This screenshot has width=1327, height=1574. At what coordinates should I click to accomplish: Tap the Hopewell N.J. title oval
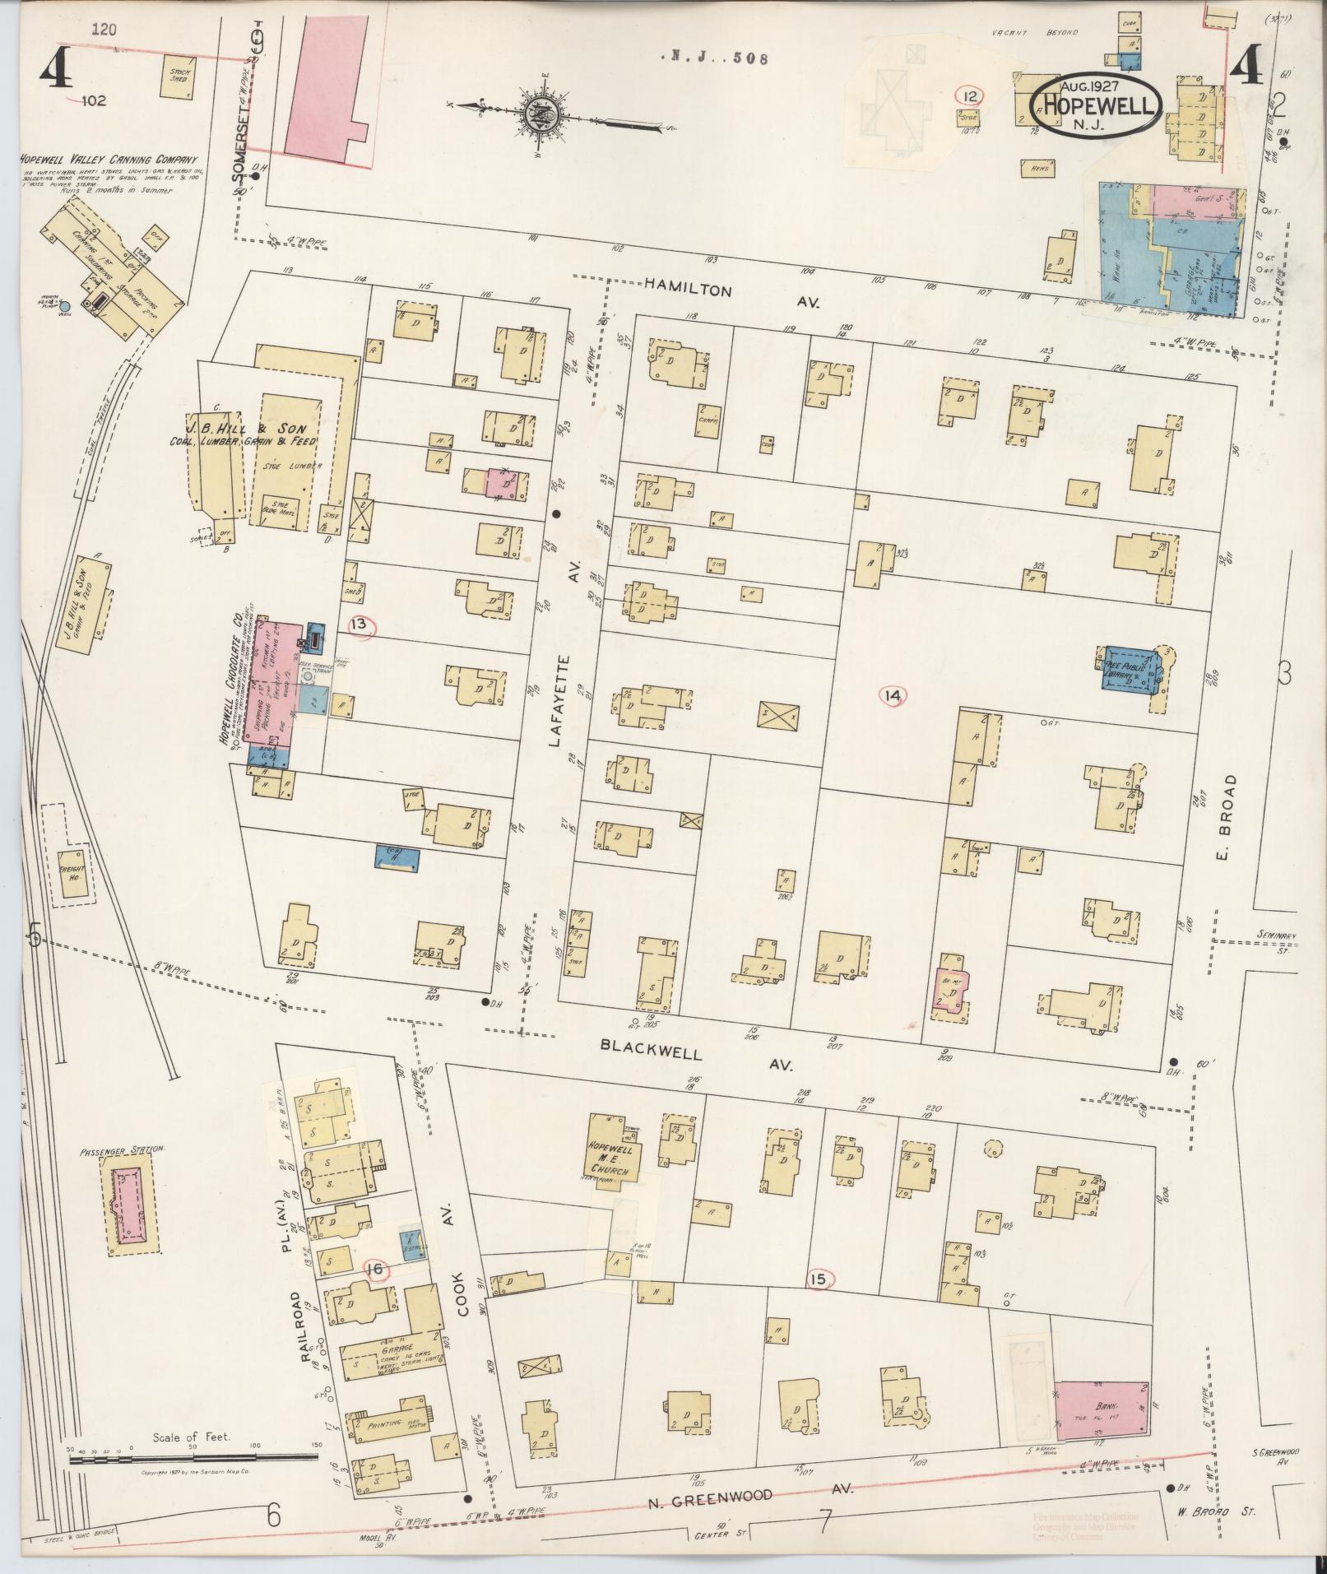pos(1097,105)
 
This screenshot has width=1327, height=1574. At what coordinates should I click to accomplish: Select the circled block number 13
pos(359,625)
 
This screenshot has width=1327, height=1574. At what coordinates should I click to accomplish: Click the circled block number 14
pos(893,696)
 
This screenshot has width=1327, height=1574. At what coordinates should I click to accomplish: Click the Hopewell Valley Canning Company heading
pos(109,160)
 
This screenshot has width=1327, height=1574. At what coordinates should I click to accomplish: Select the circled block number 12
pos(971,96)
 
